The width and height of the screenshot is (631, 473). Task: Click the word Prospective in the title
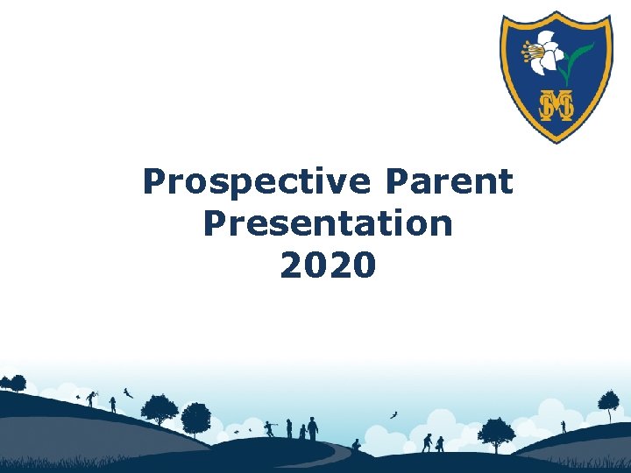coord(255,182)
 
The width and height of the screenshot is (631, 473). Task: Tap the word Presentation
coord(328,223)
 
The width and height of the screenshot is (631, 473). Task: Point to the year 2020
coord(328,264)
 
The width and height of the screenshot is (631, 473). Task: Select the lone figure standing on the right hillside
coord(563,427)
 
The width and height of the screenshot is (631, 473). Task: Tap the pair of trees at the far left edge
coord(12,384)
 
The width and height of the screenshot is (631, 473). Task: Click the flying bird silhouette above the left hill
coord(128,392)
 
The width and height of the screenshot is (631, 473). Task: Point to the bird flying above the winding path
coord(393,413)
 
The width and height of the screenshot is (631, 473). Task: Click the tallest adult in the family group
coord(312,428)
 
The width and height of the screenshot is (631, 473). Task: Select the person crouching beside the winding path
coord(356,445)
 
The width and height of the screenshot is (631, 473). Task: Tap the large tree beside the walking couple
coord(496,433)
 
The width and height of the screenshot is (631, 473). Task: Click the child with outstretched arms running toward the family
coord(271,428)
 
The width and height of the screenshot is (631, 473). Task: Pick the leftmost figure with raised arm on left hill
coord(90,398)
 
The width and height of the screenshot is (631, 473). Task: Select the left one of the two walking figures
coord(427,442)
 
